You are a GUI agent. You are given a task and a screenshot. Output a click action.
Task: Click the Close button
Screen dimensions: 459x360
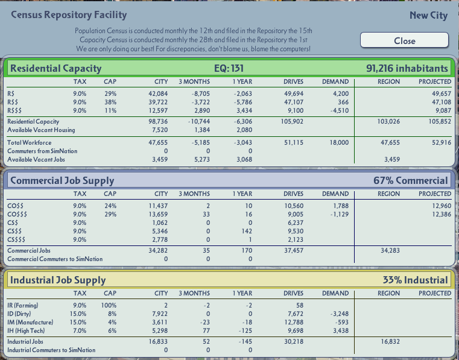pyautogui.click(x=404, y=40)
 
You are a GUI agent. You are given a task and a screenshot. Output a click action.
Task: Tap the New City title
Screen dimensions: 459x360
pyautogui.click(x=429, y=15)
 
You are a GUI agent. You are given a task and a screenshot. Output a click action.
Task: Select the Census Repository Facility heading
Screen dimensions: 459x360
pyautogui.click(x=69, y=15)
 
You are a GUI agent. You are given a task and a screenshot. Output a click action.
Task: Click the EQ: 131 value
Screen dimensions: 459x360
pyautogui.click(x=229, y=68)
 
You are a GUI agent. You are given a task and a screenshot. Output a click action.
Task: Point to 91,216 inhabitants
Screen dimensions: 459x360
pyautogui.click(x=407, y=68)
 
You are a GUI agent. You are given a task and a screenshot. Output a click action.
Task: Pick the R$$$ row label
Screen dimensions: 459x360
pyautogui.click(x=14, y=110)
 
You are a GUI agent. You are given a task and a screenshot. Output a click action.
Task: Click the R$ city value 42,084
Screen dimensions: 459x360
pyautogui.click(x=158, y=93)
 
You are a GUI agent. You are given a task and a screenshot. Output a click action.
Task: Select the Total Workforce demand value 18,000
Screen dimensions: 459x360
pyautogui.click(x=339, y=142)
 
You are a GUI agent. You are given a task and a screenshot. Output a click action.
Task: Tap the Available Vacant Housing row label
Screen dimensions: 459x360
pyautogui.click(x=41, y=130)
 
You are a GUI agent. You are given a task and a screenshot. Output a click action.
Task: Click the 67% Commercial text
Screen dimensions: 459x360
pyautogui.click(x=411, y=180)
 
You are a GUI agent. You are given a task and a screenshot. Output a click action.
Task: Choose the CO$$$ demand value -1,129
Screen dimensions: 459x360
pyautogui.click(x=340, y=214)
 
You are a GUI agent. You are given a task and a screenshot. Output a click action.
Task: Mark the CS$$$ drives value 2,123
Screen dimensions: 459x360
pyautogui.click(x=294, y=240)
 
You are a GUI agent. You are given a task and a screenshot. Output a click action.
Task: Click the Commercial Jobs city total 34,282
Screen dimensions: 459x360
pyautogui.click(x=158, y=250)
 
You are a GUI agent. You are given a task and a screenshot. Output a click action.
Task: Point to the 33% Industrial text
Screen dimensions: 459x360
pyautogui.click(x=416, y=280)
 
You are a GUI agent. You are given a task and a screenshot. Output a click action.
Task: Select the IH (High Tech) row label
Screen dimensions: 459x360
pyautogui.click(x=26, y=330)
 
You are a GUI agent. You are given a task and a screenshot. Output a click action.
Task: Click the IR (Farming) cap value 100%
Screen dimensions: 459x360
pyautogui.click(x=109, y=305)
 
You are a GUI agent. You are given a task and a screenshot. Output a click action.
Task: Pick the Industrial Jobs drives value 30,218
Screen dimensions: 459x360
pyautogui.click(x=294, y=341)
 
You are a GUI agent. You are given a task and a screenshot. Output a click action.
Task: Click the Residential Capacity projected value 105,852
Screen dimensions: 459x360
pyautogui.click(x=440, y=121)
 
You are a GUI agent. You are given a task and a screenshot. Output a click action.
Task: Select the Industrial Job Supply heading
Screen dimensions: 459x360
pyautogui.click(x=58, y=280)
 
